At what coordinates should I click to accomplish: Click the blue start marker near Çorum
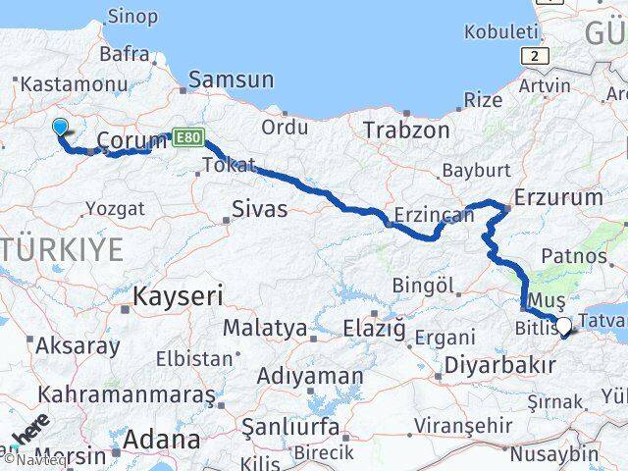[60, 127]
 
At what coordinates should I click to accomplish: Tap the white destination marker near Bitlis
[563, 325]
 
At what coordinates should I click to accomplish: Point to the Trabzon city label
[406, 130]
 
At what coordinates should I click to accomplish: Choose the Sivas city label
[260, 209]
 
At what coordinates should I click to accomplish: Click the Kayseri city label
[179, 294]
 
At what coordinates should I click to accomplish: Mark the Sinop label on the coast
[131, 15]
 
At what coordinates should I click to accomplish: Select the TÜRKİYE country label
[61, 249]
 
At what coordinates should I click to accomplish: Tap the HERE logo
[29, 432]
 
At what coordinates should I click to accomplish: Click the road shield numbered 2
[535, 56]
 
